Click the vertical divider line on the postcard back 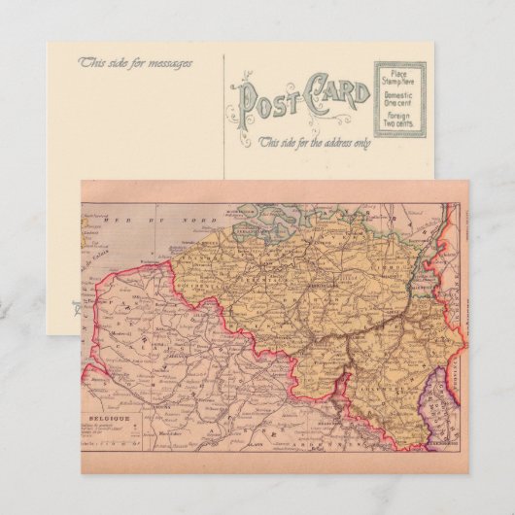tap(225, 117)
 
